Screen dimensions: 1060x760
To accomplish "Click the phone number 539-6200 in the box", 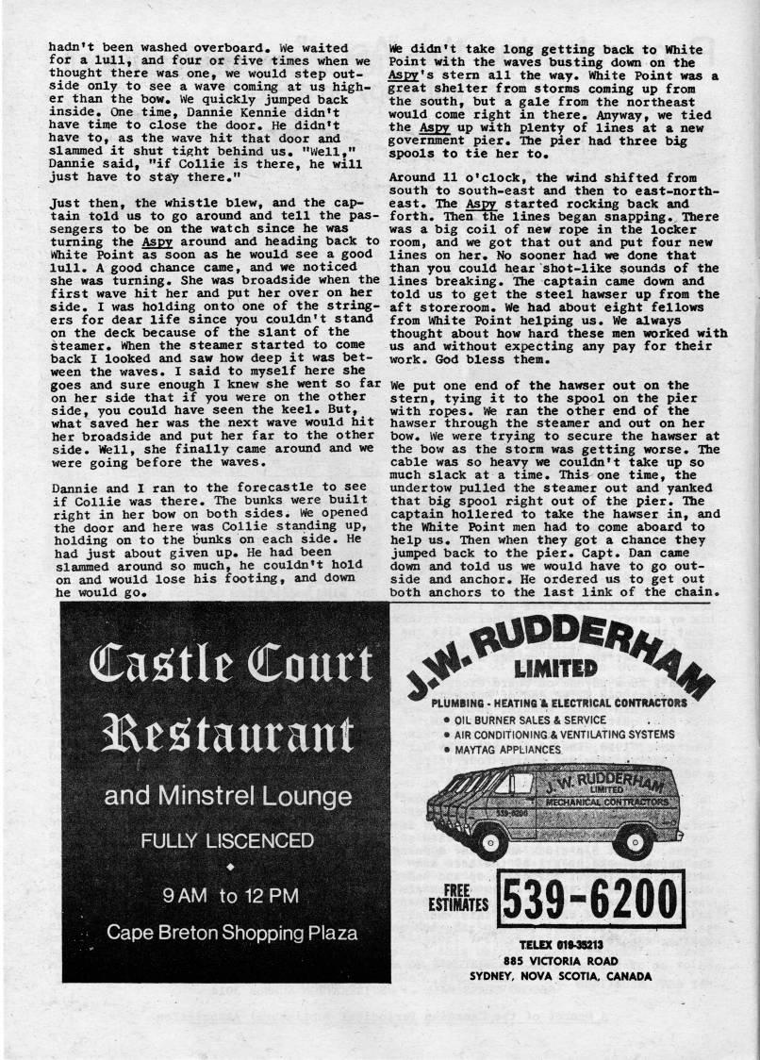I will coord(590,903).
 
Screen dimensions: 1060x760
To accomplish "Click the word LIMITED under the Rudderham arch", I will coord(555,668).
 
